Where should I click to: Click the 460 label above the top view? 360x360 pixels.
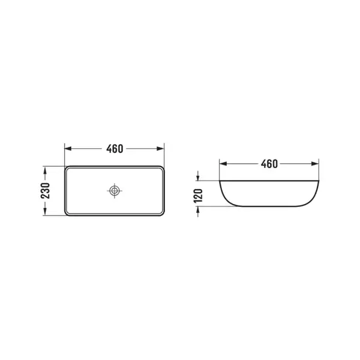coord(115,149)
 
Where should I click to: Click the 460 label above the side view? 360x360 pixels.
coord(269,164)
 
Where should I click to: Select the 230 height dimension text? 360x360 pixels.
coord(45,191)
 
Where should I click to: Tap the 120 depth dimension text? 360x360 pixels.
coord(199,196)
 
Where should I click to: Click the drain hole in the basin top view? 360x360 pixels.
coord(115,191)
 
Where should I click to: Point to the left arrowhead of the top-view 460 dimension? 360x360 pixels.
coord(68,149)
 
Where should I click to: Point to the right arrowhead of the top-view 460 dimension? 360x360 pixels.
coord(160,149)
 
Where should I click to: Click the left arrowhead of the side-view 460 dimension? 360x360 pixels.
coord(223,164)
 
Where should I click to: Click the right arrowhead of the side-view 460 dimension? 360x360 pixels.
coord(315,164)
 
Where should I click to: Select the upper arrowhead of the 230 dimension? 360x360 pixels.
coord(45,170)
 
